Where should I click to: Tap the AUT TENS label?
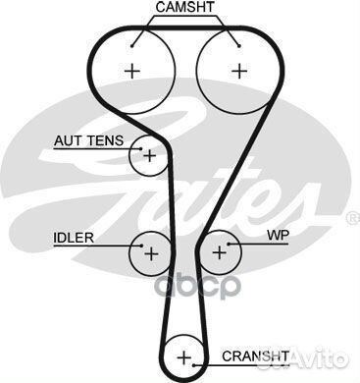[88, 140]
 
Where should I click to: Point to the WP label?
[278, 237]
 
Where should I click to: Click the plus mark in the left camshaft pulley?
[131, 71]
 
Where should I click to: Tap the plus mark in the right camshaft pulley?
[237, 71]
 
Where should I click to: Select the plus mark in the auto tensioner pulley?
[148, 155]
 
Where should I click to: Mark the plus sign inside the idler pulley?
[150, 252]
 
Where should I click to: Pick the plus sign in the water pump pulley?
[219, 252]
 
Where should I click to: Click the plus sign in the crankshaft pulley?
[183, 355]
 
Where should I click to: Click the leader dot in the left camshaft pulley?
[132, 41]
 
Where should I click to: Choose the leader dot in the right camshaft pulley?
[236, 41]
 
